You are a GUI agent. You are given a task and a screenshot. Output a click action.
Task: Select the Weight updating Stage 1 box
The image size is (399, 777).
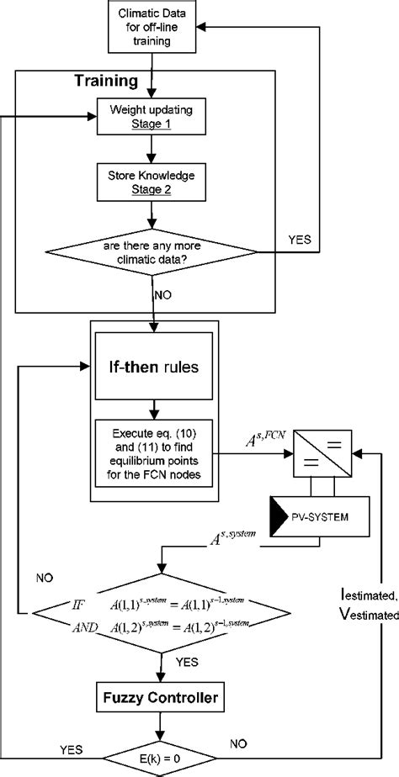pos(152,117)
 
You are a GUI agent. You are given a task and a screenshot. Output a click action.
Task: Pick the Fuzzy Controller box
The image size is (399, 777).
pos(152,697)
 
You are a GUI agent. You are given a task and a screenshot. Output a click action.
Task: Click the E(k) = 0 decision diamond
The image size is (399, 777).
pos(152,751)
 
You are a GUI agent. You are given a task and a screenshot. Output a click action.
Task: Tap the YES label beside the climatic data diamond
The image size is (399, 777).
pos(298,239)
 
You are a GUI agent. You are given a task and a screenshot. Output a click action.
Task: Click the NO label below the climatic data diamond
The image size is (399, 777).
pos(165,296)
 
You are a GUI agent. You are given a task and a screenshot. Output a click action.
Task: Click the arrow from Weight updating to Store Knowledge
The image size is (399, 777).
pos(152,149)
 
